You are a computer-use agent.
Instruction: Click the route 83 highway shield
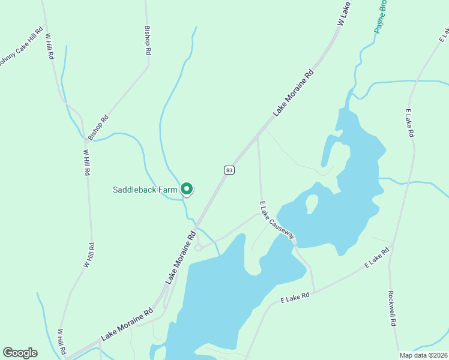point(229,170)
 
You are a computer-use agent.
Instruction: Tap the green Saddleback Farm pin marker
point(187,189)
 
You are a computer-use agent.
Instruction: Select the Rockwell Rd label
point(392,308)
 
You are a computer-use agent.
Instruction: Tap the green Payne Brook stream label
point(381,17)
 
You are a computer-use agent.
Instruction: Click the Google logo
point(20,353)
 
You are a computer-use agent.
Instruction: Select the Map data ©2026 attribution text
point(423,355)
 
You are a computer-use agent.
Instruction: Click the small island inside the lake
point(311,202)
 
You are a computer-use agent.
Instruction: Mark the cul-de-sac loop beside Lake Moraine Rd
point(198,247)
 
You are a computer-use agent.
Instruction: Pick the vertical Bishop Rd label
point(147,40)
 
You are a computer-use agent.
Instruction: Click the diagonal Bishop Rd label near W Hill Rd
point(98,127)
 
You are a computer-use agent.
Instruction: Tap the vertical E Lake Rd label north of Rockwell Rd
point(409,124)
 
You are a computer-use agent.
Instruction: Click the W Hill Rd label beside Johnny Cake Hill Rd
point(50,45)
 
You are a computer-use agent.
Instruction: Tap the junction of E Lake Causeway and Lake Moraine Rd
point(257,137)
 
